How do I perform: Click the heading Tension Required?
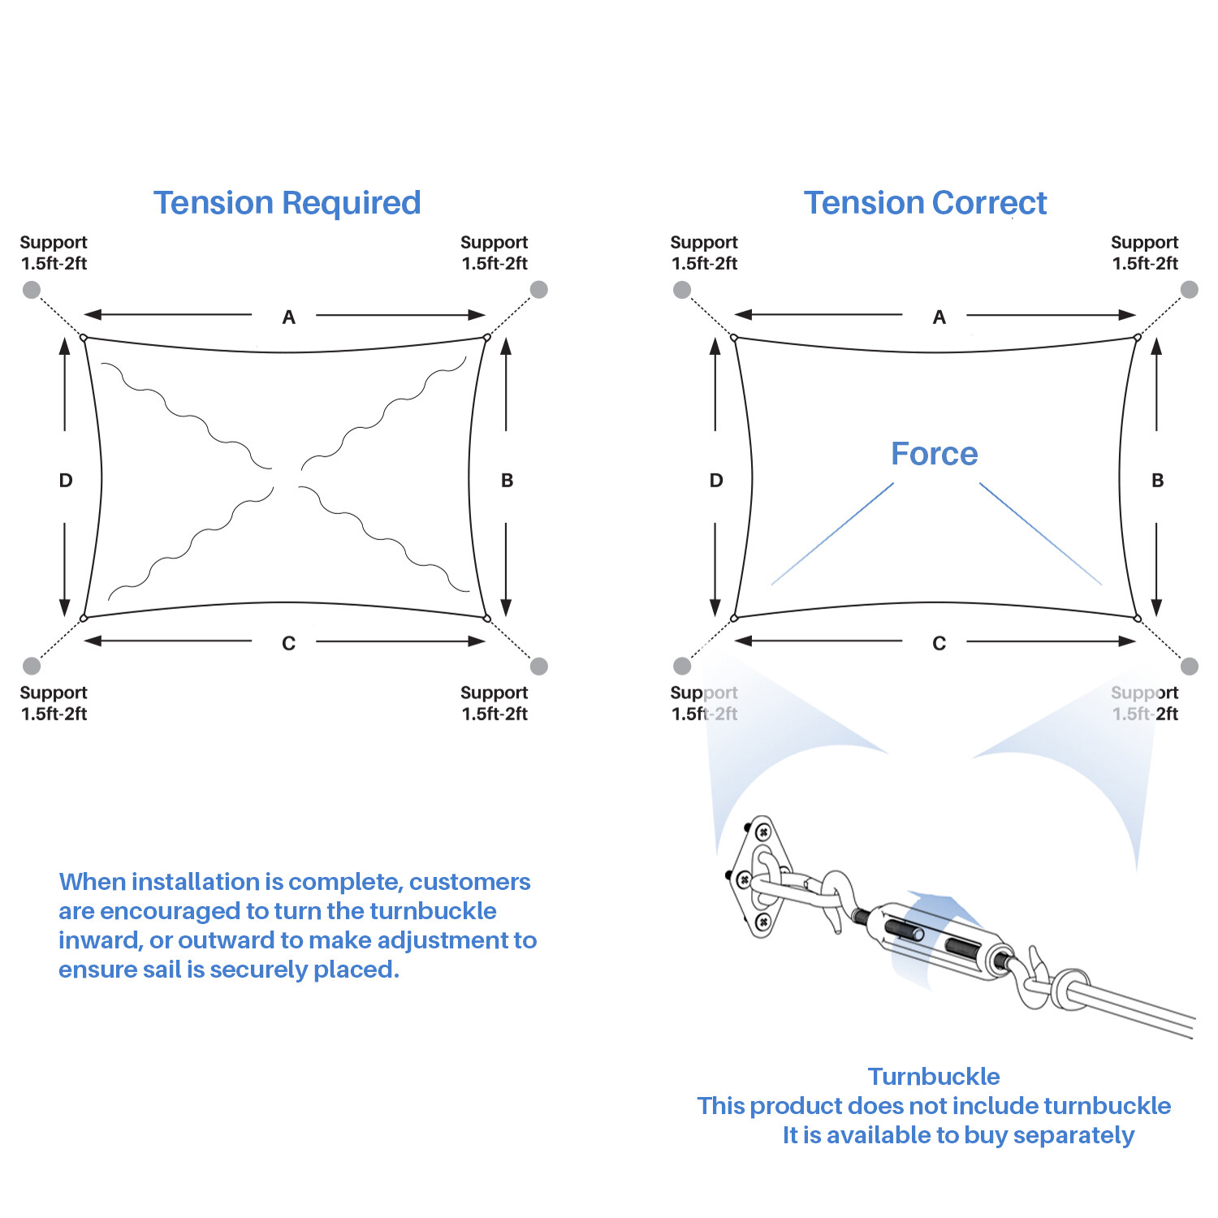pyautogui.click(x=287, y=203)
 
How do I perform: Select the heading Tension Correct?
pyautogui.click(x=925, y=203)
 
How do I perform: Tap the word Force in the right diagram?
pyautogui.click(x=934, y=454)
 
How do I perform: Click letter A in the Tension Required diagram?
pyautogui.click(x=288, y=317)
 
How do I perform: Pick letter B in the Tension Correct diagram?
pyautogui.click(x=1157, y=481)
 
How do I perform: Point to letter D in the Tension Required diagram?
pyautogui.click(x=66, y=481)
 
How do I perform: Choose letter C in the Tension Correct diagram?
pyautogui.click(x=939, y=644)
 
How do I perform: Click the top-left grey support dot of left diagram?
pyautogui.click(x=32, y=290)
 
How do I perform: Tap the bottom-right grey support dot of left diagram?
pyautogui.click(x=538, y=666)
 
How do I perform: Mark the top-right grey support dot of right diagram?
pyautogui.click(x=1189, y=290)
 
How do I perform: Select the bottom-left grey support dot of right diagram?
pyautogui.click(x=682, y=666)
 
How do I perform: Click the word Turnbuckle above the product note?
pyautogui.click(x=934, y=1077)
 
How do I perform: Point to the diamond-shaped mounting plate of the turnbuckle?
pyautogui.click(x=761, y=878)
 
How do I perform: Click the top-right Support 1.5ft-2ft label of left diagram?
pyautogui.click(x=494, y=253)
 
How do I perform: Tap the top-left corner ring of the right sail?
pyautogui.click(x=734, y=338)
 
